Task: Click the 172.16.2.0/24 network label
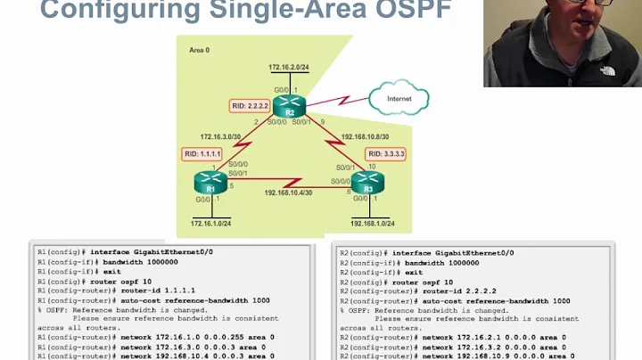(290, 68)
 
